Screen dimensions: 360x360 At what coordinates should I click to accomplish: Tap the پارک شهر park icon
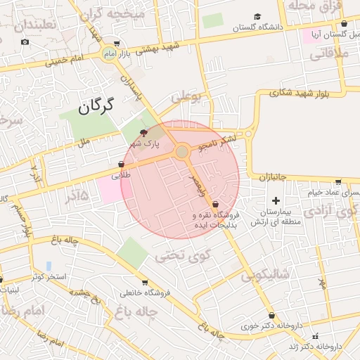[x=144, y=132]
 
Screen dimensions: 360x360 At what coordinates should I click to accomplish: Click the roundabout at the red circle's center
[x=182, y=151]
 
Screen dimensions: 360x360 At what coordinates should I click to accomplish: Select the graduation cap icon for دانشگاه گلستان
[x=257, y=17]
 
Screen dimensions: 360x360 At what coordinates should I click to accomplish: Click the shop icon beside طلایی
[x=122, y=164]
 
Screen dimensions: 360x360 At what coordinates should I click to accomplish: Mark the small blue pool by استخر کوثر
[x=49, y=266]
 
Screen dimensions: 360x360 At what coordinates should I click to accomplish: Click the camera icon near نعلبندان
[x=25, y=42]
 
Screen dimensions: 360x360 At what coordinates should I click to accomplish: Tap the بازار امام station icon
[x=110, y=53]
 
